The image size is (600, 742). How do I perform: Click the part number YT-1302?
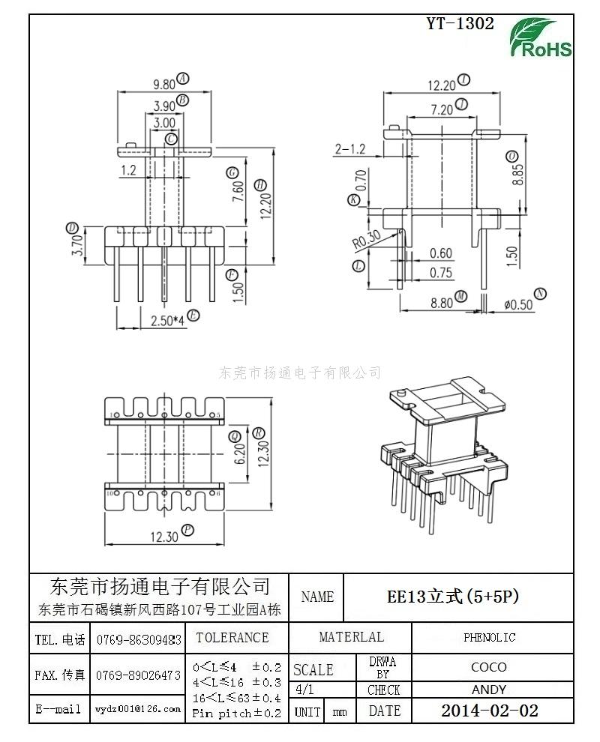point(460,23)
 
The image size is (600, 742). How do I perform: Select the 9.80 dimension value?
point(164,84)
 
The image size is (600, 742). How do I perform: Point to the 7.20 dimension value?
point(442,109)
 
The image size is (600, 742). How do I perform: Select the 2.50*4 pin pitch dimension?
point(168,321)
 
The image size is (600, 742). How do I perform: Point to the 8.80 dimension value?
point(442,303)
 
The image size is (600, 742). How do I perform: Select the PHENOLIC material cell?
point(489,637)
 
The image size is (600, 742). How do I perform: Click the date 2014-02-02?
point(489,711)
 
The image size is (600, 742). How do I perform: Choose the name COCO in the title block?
point(489,667)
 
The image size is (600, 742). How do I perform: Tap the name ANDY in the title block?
point(489,690)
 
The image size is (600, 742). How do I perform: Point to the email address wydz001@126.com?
point(138,708)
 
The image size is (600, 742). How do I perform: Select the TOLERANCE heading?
point(232,638)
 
